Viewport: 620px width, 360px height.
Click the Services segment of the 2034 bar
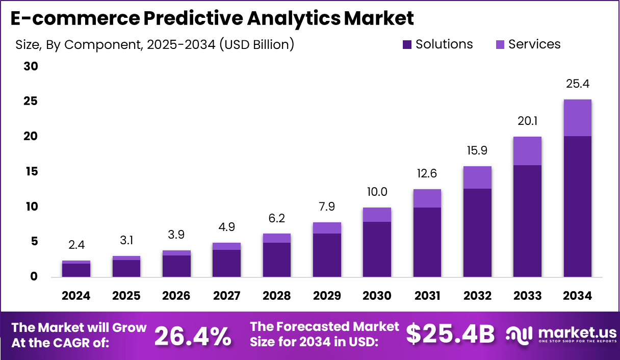point(577,118)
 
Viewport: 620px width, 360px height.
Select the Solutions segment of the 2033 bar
point(527,221)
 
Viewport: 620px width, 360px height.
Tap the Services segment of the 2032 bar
point(477,177)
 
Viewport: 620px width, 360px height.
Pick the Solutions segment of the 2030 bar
point(377,249)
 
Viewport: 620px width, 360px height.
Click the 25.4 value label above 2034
point(577,84)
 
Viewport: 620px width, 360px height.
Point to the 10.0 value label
point(377,192)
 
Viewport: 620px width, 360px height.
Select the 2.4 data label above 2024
point(76,245)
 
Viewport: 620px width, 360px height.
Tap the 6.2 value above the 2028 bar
point(276,218)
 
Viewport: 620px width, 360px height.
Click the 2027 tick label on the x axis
point(226,296)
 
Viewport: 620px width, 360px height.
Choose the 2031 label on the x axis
point(427,296)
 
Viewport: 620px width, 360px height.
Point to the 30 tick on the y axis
point(31,66)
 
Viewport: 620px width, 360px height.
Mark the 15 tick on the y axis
point(31,172)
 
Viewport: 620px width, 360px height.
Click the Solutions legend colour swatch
point(406,45)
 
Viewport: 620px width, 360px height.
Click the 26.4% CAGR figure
point(192,336)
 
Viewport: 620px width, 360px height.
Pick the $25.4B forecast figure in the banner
point(450,335)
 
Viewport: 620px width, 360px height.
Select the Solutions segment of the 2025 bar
point(126,268)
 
